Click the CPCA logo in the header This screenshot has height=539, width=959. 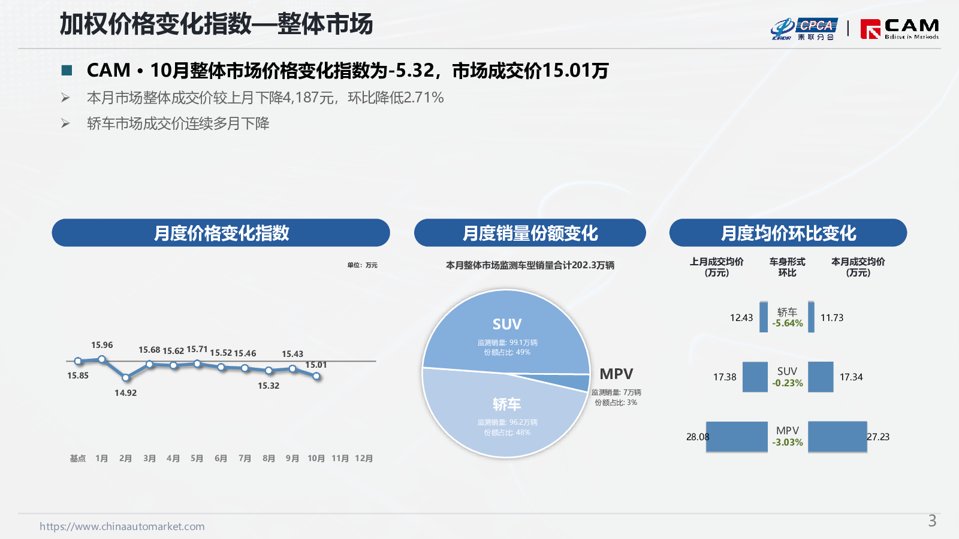[803, 29]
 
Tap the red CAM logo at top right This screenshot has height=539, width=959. [899, 29]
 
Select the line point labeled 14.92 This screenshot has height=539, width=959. [125, 378]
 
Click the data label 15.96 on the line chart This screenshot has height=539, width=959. [102, 345]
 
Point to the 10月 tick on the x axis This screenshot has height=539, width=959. [316, 458]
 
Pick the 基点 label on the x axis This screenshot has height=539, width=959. [78, 458]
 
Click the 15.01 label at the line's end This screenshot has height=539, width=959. [316, 365]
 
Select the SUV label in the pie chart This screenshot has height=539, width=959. [506, 324]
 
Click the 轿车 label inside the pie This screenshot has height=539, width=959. [506, 404]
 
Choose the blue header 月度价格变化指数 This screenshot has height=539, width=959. [221, 233]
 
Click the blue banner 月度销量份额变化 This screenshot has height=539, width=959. [530, 233]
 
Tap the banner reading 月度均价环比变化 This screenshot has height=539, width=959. [788, 233]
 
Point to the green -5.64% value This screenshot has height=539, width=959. [788, 323]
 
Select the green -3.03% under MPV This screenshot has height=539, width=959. [788, 443]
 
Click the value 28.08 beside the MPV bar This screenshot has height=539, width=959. [698, 437]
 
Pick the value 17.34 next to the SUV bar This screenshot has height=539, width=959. [851, 377]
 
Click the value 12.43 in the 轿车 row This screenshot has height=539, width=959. [741, 317]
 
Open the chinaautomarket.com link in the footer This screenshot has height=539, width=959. [122, 526]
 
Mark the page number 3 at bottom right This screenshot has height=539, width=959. [932, 521]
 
